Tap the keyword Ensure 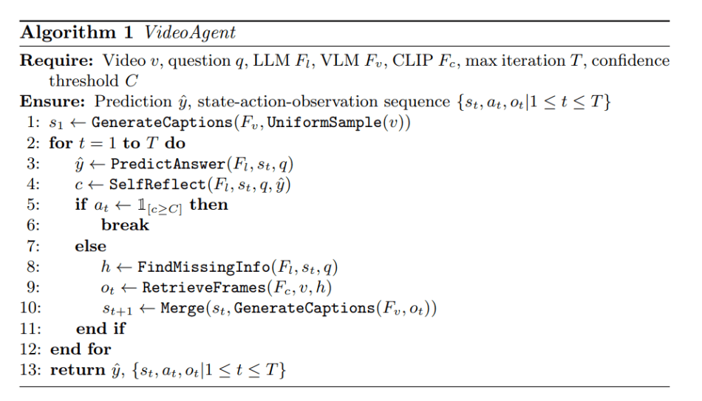pos(46,102)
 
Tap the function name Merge pos(182,308)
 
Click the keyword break pos(125,225)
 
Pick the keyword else pos(90,246)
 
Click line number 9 pos(34,287)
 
